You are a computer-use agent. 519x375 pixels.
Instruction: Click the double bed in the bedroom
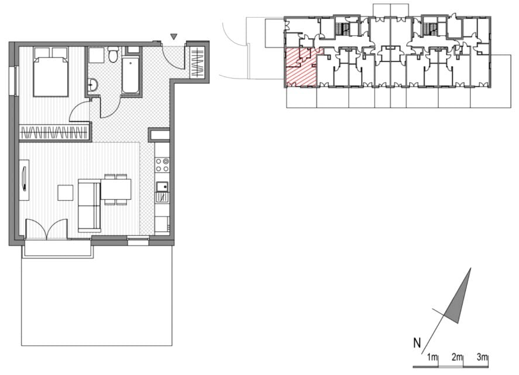51,72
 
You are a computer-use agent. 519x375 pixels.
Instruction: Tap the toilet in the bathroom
113,54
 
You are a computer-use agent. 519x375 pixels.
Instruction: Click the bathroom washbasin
92,85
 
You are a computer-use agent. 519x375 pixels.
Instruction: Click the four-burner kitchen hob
162,165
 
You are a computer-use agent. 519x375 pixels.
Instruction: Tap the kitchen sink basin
162,187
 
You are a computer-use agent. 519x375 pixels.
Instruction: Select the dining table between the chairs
116,189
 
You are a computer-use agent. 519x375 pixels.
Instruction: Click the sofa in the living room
90,206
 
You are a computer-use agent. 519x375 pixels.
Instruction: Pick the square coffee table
65,193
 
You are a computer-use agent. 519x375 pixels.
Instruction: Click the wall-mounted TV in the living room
24,179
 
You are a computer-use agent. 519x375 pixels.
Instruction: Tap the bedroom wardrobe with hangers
54,132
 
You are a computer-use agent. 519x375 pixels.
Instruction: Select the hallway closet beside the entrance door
197,63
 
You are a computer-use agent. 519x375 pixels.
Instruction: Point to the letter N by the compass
417,343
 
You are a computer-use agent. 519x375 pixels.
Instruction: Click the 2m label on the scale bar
457,357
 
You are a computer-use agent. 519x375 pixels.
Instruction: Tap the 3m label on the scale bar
482,357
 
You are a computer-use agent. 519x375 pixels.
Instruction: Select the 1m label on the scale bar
432,357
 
